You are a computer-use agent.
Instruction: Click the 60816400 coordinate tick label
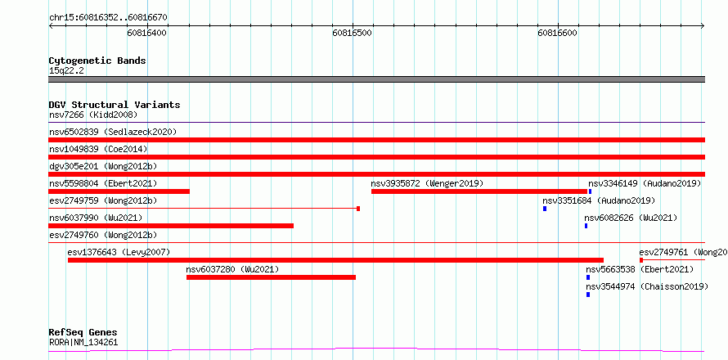(x=147, y=34)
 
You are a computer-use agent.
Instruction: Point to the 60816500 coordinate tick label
(x=353, y=34)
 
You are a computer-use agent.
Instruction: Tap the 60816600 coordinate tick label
(x=558, y=34)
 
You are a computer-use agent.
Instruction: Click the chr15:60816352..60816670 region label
(x=108, y=18)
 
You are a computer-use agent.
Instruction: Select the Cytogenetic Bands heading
(x=97, y=61)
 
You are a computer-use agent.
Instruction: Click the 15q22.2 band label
(x=66, y=71)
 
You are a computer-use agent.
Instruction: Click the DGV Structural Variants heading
(x=115, y=105)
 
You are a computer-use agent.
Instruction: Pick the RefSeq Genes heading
(x=83, y=333)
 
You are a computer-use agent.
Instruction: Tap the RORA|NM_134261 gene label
(x=83, y=343)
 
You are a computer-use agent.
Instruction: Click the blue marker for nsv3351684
(x=545, y=209)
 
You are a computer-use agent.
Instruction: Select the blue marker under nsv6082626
(x=586, y=226)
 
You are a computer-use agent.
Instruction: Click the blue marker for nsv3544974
(x=588, y=295)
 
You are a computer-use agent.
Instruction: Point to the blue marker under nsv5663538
(x=588, y=277)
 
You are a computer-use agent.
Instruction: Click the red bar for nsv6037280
(x=271, y=277)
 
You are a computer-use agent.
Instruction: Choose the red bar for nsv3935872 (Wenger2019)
(x=479, y=191)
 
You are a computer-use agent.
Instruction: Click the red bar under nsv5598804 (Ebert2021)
(x=119, y=191)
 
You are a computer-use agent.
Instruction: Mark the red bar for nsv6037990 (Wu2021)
(x=171, y=226)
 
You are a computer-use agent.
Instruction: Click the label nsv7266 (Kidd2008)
(x=93, y=115)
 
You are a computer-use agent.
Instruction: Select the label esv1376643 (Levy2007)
(x=119, y=252)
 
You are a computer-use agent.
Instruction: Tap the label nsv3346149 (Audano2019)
(x=645, y=183)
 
